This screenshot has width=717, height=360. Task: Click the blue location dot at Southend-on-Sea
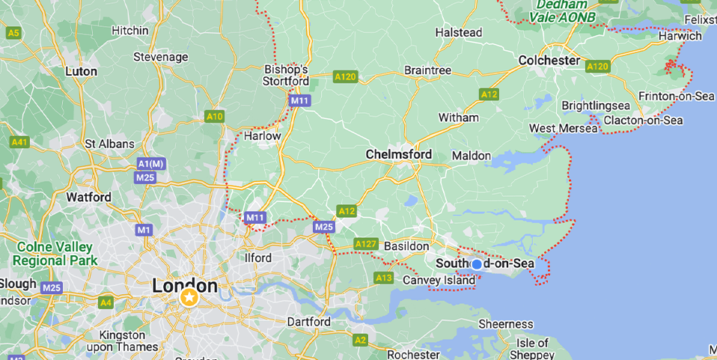click(477, 264)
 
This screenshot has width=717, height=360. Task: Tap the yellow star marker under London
click(189, 298)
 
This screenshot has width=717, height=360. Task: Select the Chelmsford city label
click(398, 154)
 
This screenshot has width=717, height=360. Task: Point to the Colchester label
click(549, 60)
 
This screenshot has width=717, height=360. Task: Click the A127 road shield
click(366, 244)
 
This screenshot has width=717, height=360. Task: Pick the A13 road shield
click(384, 278)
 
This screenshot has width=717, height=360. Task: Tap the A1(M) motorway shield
click(150, 164)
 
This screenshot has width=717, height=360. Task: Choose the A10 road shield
click(215, 116)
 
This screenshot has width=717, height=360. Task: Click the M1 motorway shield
click(144, 230)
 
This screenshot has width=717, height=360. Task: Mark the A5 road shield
click(13, 33)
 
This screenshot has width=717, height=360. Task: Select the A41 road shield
click(19, 141)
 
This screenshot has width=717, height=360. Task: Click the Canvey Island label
click(439, 281)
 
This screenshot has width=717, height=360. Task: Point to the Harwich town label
click(680, 36)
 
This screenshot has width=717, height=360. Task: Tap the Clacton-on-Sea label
click(643, 120)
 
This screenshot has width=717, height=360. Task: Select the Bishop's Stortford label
click(287, 75)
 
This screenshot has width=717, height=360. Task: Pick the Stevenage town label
click(161, 57)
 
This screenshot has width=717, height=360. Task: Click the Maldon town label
click(472, 156)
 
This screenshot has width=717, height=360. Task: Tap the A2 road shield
click(360, 340)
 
